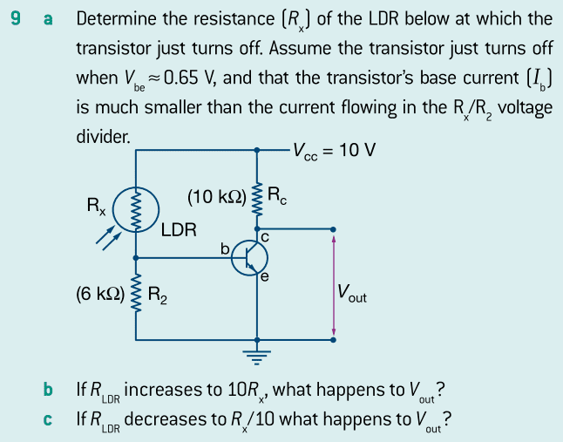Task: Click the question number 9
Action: [17, 18]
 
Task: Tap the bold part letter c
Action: [49, 420]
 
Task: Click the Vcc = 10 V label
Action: [335, 149]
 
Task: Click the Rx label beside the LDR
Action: [95, 207]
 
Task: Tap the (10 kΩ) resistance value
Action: [216, 195]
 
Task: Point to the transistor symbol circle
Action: [249, 259]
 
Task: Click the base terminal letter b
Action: [225, 250]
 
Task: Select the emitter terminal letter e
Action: [264, 277]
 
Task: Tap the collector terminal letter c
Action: [264, 235]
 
